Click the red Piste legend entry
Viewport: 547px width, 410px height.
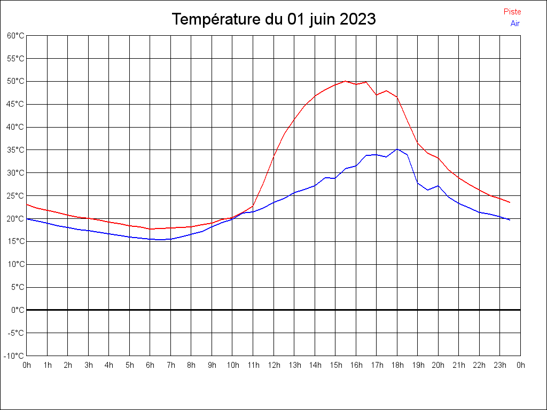pyautogui.click(x=512, y=12)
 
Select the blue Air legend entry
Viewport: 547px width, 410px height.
pyautogui.click(x=515, y=23)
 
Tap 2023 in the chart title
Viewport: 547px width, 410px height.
pyautogui.click(x=357, y=20)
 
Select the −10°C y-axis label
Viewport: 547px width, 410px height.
pyautogui.click(x=14, y=356)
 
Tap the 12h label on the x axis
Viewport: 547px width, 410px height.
pyautogui.click(x=273, y=365)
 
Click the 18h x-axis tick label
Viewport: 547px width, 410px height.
pyautogui.click(x=397, y=365)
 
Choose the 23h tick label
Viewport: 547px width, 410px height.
pyautogui.click(x=500, y=365)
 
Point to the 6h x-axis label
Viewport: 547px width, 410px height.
pyautogui.click(x=150, y=365)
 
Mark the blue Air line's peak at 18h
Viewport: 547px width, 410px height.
pyautogui.click(x=397, y=149)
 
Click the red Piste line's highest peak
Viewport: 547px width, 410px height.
pyautogui.click(x=346, y=81)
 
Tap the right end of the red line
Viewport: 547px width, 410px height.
pyautogui.click(x=510, y=202)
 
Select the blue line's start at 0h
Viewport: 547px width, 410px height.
pyautogui.click(x=27, y=219)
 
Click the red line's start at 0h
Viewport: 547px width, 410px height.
pyautogui.click(x=27, y=204)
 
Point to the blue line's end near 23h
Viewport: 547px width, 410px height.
pyautogui.click(x=510, y=220)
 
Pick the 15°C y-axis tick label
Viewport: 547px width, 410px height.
pyautogui.click(x=15, y=241)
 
